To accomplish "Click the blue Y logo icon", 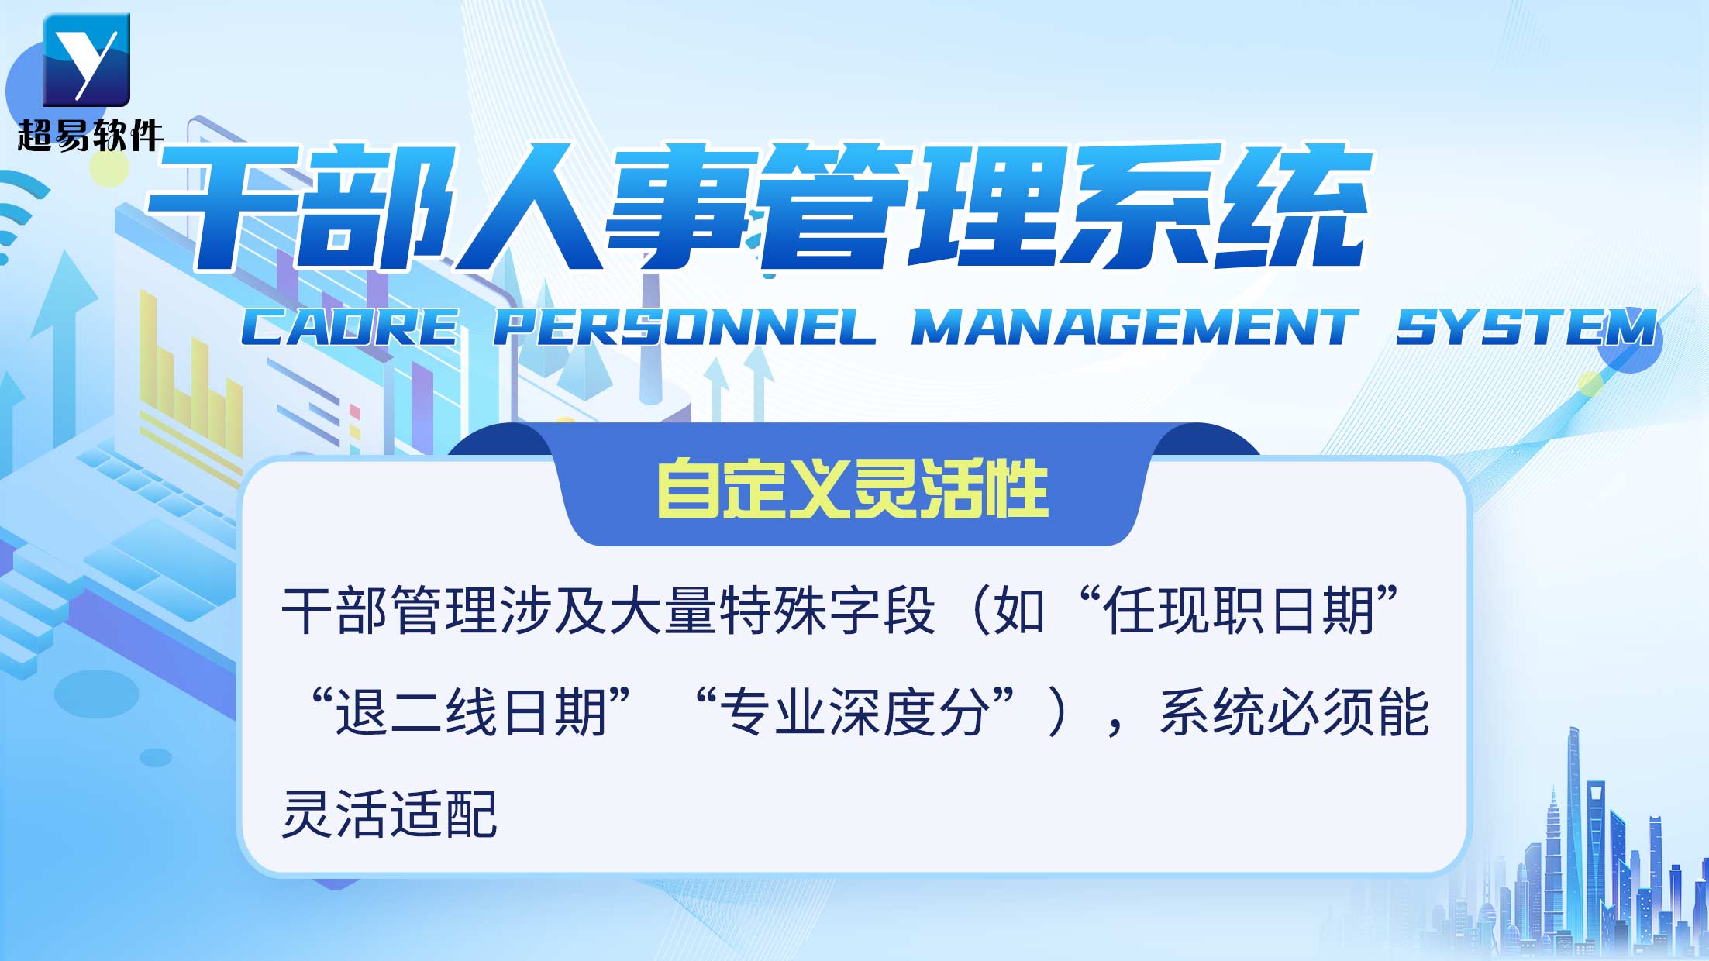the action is pos(86,60).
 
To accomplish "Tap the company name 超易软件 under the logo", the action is pos(90,136).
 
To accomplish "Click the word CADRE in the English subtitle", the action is pos(350,327).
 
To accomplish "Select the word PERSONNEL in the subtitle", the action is pos(685,327).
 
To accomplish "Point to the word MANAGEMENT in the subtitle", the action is pos(1134,327).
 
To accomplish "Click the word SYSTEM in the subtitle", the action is pos(1526,327).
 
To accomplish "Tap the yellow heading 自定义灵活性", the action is pos(853,488).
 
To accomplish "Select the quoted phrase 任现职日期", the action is pos(1239,611).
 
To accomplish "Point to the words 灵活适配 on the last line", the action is pos(389,814).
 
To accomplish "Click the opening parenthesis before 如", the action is pos(978,611).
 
